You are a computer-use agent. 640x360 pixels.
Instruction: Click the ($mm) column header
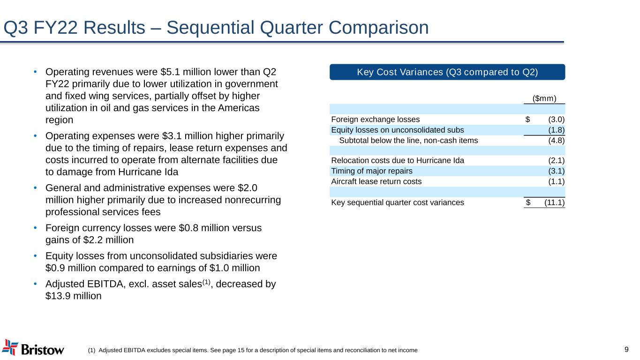544,98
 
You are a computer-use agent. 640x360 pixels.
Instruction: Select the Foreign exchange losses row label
376,119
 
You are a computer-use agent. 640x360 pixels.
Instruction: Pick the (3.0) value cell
556,119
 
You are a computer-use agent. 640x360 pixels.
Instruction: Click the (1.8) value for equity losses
556,130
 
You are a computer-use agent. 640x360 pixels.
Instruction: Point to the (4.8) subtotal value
556,140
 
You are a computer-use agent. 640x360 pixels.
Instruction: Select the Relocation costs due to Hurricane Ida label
398,160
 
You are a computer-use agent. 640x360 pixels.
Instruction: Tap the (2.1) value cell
556,160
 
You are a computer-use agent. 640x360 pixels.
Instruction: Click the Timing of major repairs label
372,171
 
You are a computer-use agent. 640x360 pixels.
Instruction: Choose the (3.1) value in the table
556,171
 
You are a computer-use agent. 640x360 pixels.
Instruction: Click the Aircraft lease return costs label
376,181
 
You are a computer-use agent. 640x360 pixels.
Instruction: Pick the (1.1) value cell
556,181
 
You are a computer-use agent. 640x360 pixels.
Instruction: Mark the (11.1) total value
554,202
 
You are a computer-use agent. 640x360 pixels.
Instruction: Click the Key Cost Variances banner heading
447,72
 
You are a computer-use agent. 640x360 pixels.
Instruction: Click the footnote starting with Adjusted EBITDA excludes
253,350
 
